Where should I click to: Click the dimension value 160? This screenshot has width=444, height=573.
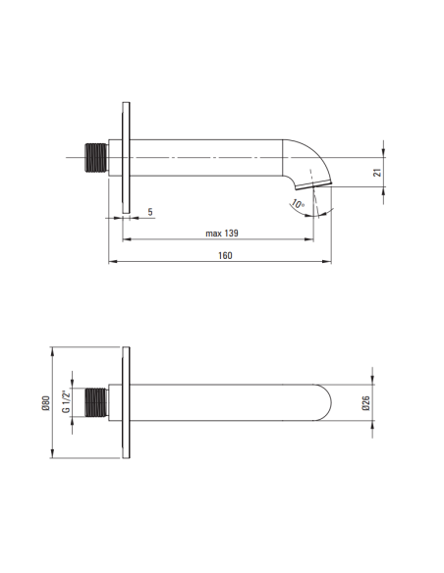point(225,255)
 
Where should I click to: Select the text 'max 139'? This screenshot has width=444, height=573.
point(223,233)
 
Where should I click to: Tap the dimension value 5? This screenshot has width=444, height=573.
point(150,211)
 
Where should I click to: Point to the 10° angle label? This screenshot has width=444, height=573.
point(297,205)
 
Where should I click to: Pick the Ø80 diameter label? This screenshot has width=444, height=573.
point(45,402)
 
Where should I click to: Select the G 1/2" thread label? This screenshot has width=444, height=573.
point(66,402)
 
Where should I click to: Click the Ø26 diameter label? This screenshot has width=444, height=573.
point(365,402)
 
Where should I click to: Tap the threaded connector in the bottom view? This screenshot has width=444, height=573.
point(94,402)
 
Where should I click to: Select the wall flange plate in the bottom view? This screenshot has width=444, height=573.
point(126,402)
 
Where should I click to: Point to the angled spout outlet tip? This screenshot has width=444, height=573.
point(322,183)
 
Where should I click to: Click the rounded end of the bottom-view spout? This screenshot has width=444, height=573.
point(329,402)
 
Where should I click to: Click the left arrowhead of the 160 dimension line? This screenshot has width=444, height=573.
point(110,262)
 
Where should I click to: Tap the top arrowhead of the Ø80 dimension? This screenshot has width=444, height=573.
point(53,349)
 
